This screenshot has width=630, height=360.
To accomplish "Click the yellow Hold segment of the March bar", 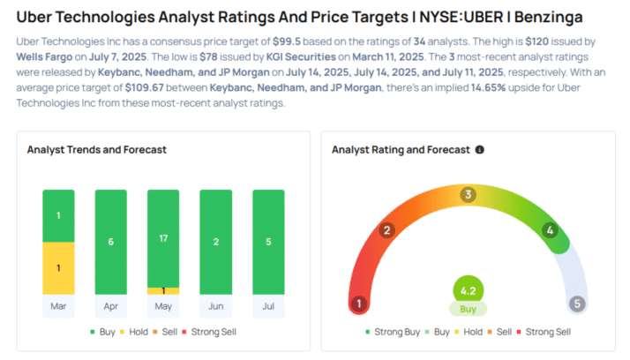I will coord(58,268).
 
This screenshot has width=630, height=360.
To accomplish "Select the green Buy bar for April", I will coord(110,242).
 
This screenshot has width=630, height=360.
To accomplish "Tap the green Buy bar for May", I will coord(163,237).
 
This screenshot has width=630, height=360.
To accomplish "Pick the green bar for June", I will coord(215,242).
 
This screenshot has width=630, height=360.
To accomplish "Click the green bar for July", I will coord(268,242).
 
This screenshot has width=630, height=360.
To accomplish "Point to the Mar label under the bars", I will coord(58,307).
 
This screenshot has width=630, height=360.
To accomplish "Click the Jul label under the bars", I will coord(268,307).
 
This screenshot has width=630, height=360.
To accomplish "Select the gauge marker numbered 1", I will coord(358,304).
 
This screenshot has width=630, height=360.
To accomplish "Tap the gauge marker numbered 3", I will coord(469,194).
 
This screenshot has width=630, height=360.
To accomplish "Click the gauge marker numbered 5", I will coord(578,304).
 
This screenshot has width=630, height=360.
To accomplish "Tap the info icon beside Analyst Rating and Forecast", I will coord(479,150).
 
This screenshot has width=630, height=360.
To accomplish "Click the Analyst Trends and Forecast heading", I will coord(98,150).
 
